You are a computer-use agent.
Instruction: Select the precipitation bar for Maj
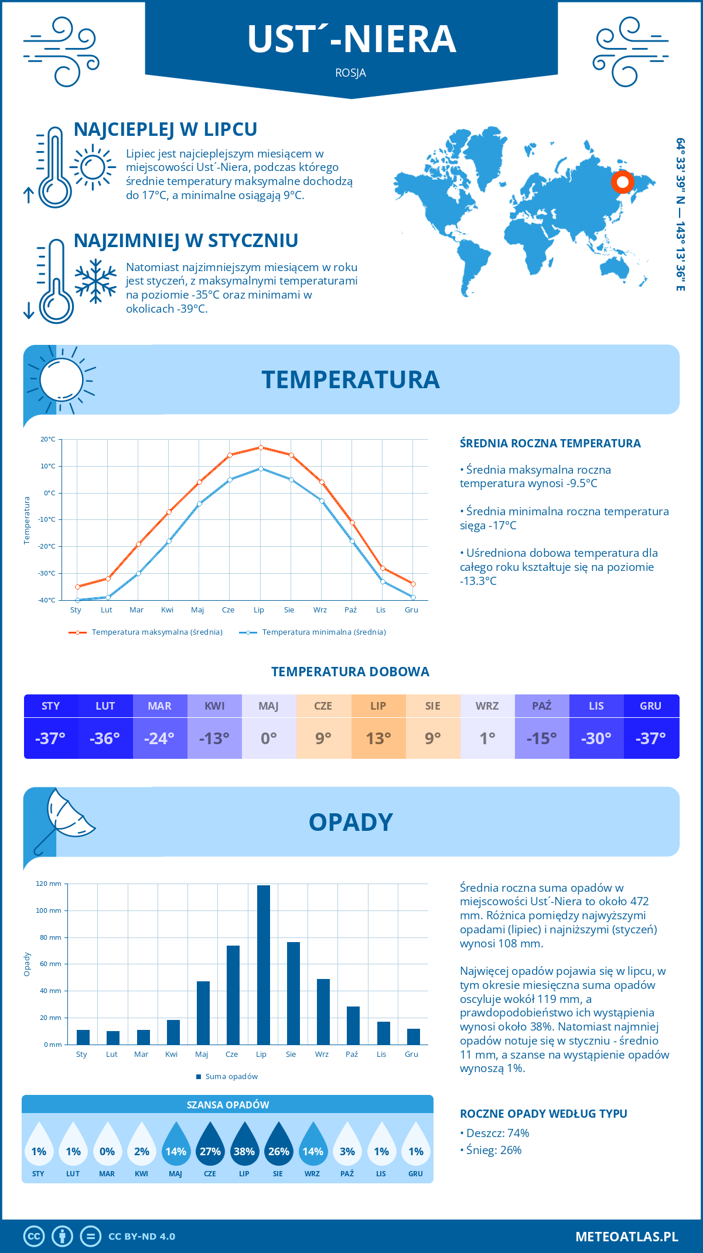coord(203,1013)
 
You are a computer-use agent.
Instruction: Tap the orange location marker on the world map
coord(623,182)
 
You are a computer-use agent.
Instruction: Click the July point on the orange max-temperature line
coord(261,447)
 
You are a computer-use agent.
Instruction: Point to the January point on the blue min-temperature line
coord(77,600)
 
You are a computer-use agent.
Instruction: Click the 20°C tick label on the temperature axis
coord(48,439)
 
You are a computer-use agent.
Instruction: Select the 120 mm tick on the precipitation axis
coord(49,884)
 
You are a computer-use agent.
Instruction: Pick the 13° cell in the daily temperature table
coord(378,738)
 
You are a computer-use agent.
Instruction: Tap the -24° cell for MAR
coord(160,738)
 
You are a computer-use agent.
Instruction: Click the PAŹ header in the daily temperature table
coord(542,706)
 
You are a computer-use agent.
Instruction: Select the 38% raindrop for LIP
coord(244,1145)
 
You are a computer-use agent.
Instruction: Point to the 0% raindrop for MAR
coord(107,1145)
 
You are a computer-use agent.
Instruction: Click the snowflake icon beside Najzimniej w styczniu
coord(95,281)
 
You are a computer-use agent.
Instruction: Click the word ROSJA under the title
coord(351,73)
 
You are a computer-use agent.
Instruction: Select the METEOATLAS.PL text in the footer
coord(626,1237)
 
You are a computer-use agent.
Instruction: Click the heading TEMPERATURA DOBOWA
coord(350,672)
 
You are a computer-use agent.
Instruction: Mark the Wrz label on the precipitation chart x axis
coord(322,1054)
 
